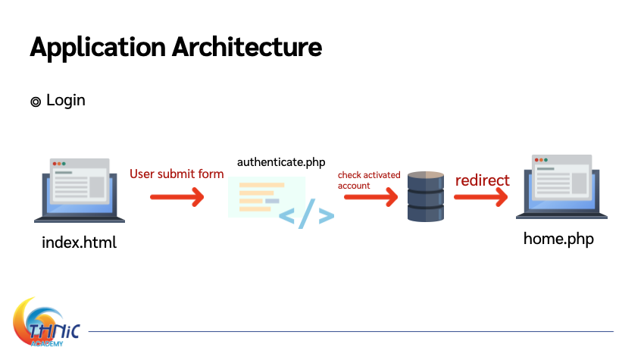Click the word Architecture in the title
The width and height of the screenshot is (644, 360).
247,47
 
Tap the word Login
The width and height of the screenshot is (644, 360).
66,101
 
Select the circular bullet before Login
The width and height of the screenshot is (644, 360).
36,102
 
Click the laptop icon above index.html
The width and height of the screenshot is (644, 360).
80,190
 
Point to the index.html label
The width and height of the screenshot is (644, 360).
80,243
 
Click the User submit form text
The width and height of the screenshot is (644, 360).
177,174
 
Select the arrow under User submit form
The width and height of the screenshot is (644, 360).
177,197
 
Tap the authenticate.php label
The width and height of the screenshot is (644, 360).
281,163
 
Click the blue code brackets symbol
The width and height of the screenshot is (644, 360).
306,214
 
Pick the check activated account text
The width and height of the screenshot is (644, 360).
369,180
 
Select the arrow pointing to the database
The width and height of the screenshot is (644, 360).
371,197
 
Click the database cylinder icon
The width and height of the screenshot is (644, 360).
426,197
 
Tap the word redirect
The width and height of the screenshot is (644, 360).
482,180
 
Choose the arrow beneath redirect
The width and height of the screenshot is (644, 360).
481,197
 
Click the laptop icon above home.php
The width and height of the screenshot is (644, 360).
561,186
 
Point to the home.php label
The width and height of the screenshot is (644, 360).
558,239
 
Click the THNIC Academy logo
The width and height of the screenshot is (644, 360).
46,323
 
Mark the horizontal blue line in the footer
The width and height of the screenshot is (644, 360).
351,331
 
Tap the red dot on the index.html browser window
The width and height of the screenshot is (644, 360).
55,164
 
